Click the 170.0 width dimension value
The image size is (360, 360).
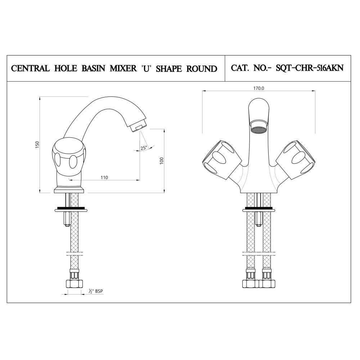[258, 89]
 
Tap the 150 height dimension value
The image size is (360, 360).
[38, 145]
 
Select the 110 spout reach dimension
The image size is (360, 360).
[104, 177]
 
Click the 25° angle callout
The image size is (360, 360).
[144, 148]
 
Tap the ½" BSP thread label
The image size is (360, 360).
[96, 291]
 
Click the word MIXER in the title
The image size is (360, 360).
[123, 69]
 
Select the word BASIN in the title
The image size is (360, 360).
[94, 69]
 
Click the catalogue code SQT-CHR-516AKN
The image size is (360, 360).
[310, 68]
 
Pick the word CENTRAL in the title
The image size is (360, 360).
[31, 69]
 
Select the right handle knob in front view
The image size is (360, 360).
[296, 160]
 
